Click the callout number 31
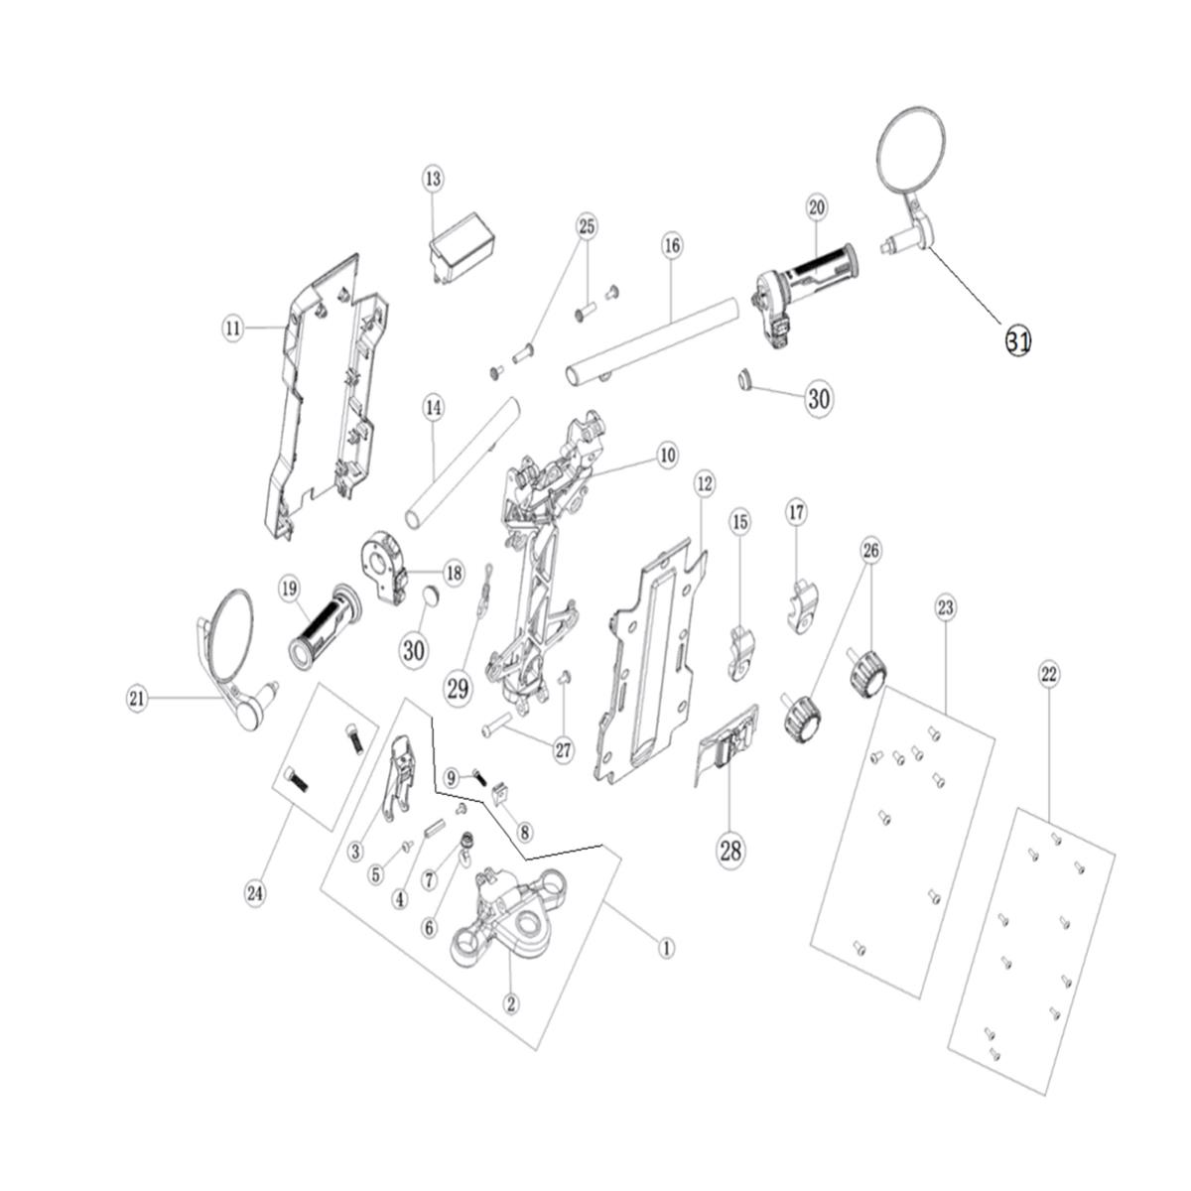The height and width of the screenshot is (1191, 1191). [x=1018, y=340]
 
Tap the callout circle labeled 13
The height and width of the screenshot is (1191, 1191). [x=434, y=179]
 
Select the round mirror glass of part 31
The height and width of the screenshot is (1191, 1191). [x=910, y=149]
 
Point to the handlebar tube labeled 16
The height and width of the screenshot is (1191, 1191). [x=652, y=341]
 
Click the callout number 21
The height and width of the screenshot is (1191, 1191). [x=137, y=699]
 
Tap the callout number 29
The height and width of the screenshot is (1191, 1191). [x=458, y=689]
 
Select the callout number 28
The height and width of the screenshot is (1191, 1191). [x=730, y=851]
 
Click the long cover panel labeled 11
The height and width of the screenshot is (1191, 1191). [x=325, y=396]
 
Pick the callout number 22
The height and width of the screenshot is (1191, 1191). [x=1049, y=675]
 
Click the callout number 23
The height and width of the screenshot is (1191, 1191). [x=946, y=608]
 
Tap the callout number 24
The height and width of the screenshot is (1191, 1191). [x=255, y=893]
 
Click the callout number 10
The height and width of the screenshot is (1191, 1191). [x=667, y=456]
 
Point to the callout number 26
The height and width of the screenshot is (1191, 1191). [x=870, y=550]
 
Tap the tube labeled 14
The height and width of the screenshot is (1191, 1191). [x=463, y=463]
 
